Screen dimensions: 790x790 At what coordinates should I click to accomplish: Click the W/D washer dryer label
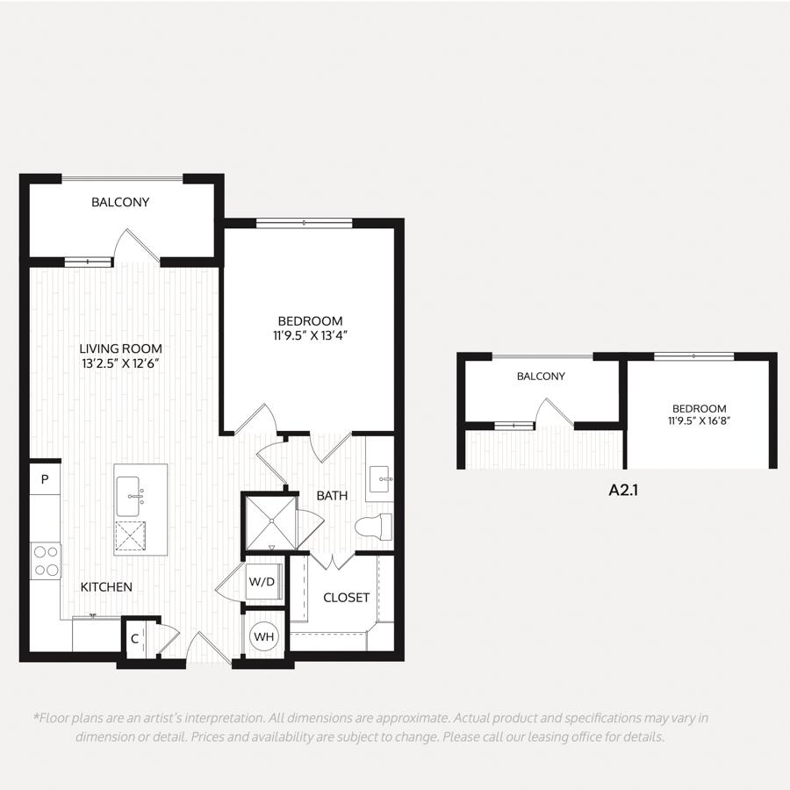click(x=262, y=581)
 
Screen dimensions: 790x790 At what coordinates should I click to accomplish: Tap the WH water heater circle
click(x=264, y=636)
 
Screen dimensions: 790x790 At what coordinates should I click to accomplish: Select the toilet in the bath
click(x=373, y=527)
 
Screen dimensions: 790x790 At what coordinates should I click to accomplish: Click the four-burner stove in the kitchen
click(x=46, y=561)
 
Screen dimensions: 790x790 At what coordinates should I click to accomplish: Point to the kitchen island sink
click(x=129, y=496)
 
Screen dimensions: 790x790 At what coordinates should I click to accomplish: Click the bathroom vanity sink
click(x=380, y=478)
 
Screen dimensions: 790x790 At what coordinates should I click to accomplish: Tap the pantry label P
click(x=45, y=479)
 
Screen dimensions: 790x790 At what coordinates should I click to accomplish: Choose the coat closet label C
click(x=134, y=639)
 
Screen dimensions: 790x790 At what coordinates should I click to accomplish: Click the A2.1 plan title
click(x=623, y=490)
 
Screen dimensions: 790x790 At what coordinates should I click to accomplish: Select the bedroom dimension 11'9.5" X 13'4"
click(x=311, y=335)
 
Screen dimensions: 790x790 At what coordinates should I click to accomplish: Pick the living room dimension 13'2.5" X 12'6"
click(x=121, y=363)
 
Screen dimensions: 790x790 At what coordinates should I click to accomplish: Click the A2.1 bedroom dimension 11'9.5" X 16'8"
click(x=700, y=420)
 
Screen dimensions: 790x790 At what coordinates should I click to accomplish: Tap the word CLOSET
click(x=346, y=598)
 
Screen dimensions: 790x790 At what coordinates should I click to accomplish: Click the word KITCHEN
click(x=106, y=587)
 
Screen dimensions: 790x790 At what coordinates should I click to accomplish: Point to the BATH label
click(x=332, y=496)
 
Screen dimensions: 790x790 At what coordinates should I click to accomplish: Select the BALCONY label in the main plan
click(x=120, y=202)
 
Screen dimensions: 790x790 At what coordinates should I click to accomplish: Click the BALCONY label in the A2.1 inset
click(x=541, y=376)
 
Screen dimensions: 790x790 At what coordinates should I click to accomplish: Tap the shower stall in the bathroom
click(x=271, y=523)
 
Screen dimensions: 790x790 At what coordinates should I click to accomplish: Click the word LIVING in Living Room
click(x=97, y=348)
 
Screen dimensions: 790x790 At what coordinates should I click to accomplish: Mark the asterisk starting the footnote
click(x=36, y=716)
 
